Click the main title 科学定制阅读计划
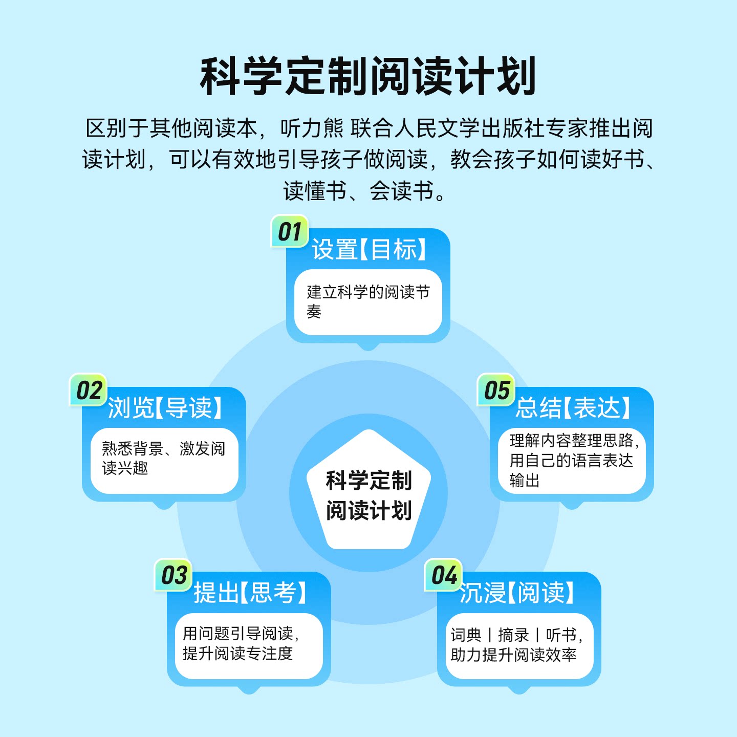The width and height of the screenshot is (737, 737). [x=368, y=76]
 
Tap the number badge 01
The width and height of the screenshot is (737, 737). [x=290, y=232]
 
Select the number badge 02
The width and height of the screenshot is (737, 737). [x=89, y=391]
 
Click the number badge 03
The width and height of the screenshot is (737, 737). [x=174, y=575]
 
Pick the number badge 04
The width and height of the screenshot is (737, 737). [x=444, y=575]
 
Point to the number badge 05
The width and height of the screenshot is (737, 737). [x=496, y=391]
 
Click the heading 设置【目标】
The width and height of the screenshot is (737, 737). [x=368, y=250]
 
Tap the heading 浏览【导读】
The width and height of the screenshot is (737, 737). [x=165, y=408]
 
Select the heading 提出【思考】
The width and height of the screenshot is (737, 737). [x=250, y=593]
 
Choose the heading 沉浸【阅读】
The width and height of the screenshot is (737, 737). [x=517, y=593]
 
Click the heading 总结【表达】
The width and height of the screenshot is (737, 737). [x=573, y=408]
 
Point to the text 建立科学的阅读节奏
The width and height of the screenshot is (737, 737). [x=367, y=301]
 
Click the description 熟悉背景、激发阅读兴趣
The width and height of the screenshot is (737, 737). [x=163, y=458]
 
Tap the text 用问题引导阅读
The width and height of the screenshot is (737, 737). [x=238, y=634]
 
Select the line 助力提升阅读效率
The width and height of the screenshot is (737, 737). [x=513, y=655]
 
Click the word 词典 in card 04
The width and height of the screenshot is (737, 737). [x=466, y=635]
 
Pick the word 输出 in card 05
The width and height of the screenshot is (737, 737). [x=525, y=481]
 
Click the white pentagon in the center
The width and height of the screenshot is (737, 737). [x=368, y=494]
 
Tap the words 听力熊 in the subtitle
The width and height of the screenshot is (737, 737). [x=312, y=128]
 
